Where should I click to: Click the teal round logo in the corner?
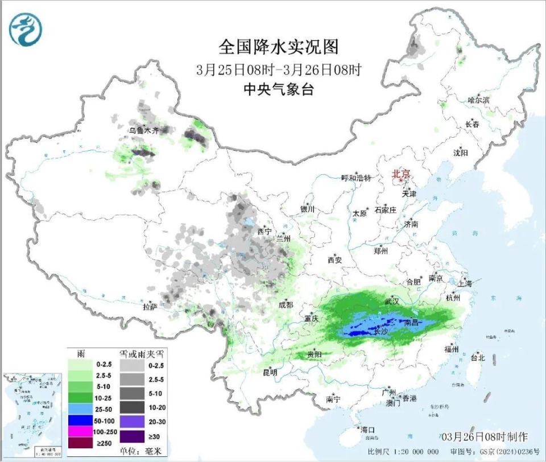[26, 29]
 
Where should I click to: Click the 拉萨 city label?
[150, 307]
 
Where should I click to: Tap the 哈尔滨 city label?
[478, 100]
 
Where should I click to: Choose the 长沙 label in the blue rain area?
[382, 331]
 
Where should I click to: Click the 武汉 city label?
[392, 300]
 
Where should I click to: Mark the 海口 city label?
[367, 429]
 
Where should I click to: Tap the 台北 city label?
[477, 358]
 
